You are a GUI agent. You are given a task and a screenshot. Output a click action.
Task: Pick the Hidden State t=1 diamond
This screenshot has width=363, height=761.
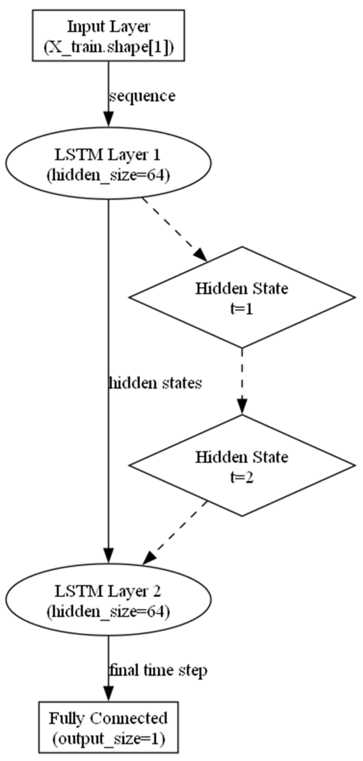[242, 297]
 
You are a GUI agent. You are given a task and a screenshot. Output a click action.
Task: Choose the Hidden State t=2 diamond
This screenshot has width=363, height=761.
[242, 466]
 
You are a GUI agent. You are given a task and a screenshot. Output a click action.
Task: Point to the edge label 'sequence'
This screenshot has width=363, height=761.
[142, 96]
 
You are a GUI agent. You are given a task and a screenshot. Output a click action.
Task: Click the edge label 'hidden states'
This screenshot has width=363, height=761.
[155, 383]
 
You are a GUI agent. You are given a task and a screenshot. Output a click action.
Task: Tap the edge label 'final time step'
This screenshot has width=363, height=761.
[158, 671]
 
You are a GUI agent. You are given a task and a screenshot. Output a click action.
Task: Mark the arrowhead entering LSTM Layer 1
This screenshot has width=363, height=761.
[108, 119]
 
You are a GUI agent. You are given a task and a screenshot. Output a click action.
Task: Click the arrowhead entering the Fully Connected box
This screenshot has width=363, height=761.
[108, 694]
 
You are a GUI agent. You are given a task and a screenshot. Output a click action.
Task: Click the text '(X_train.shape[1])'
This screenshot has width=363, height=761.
[108, 47]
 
